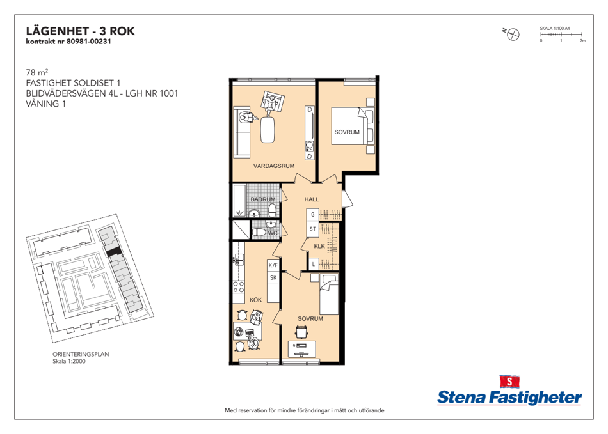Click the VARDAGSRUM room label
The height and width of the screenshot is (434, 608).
pos(274,166)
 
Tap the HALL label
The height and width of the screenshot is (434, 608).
pos(312,199)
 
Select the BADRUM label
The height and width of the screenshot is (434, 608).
pos(263,199)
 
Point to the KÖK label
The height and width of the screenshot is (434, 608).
pos(255,300)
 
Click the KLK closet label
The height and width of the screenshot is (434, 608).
pos(319,246)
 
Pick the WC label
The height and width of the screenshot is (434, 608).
pos(273,233)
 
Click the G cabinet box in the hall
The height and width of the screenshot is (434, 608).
pos(312,215)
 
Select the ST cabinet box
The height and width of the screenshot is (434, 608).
pos(312,229)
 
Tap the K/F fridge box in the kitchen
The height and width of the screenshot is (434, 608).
pos(273,265)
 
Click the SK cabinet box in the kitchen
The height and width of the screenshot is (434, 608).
pos(273,277)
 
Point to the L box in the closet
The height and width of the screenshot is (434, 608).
pos(313,265)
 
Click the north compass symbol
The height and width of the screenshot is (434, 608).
pos(513,35)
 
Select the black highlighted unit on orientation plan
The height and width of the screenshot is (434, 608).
pos(114,252)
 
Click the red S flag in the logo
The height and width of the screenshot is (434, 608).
pos(509,382)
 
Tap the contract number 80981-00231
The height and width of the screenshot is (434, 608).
pos(89,42)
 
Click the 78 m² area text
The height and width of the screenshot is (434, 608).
pos(37,72)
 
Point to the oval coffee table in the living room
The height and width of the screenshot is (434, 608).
pos(267,130)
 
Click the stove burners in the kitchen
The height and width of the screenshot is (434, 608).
pos(239,287)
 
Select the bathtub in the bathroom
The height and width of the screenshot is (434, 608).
pos(239,201)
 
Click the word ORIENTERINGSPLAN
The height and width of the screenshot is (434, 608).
pos(81,354)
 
